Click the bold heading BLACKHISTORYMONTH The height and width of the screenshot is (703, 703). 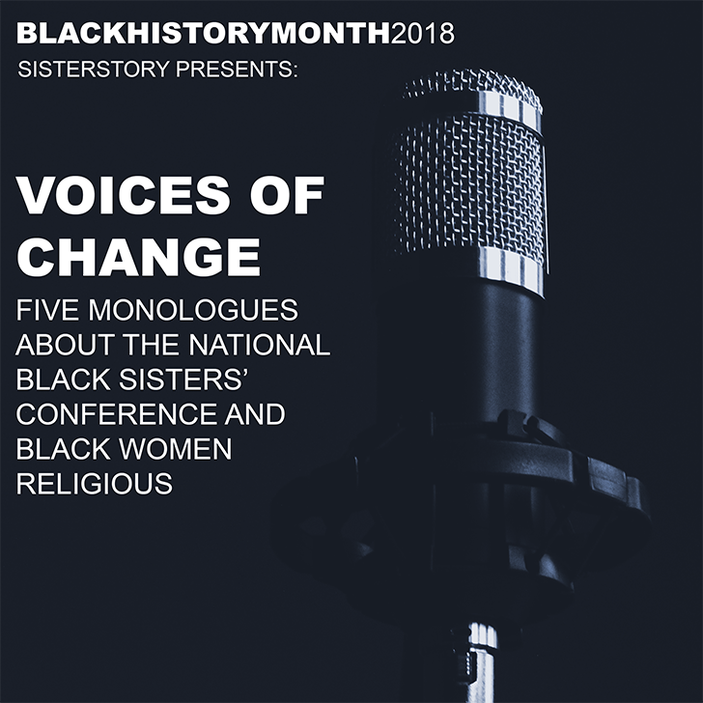204,33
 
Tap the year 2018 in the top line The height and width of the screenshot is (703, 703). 423,34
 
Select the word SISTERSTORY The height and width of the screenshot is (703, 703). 94,70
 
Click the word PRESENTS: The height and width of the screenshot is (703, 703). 237,70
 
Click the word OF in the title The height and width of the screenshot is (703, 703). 287,195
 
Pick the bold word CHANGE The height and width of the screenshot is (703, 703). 138,257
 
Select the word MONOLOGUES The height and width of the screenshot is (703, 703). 193,310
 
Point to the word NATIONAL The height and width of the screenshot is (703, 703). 259,345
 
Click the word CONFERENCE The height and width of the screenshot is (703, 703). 116,414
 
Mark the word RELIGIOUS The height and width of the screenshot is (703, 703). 95,483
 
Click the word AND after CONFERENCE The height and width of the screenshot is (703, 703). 255,414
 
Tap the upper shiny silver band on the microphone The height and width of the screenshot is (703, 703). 509,107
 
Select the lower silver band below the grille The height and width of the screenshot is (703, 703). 511,269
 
